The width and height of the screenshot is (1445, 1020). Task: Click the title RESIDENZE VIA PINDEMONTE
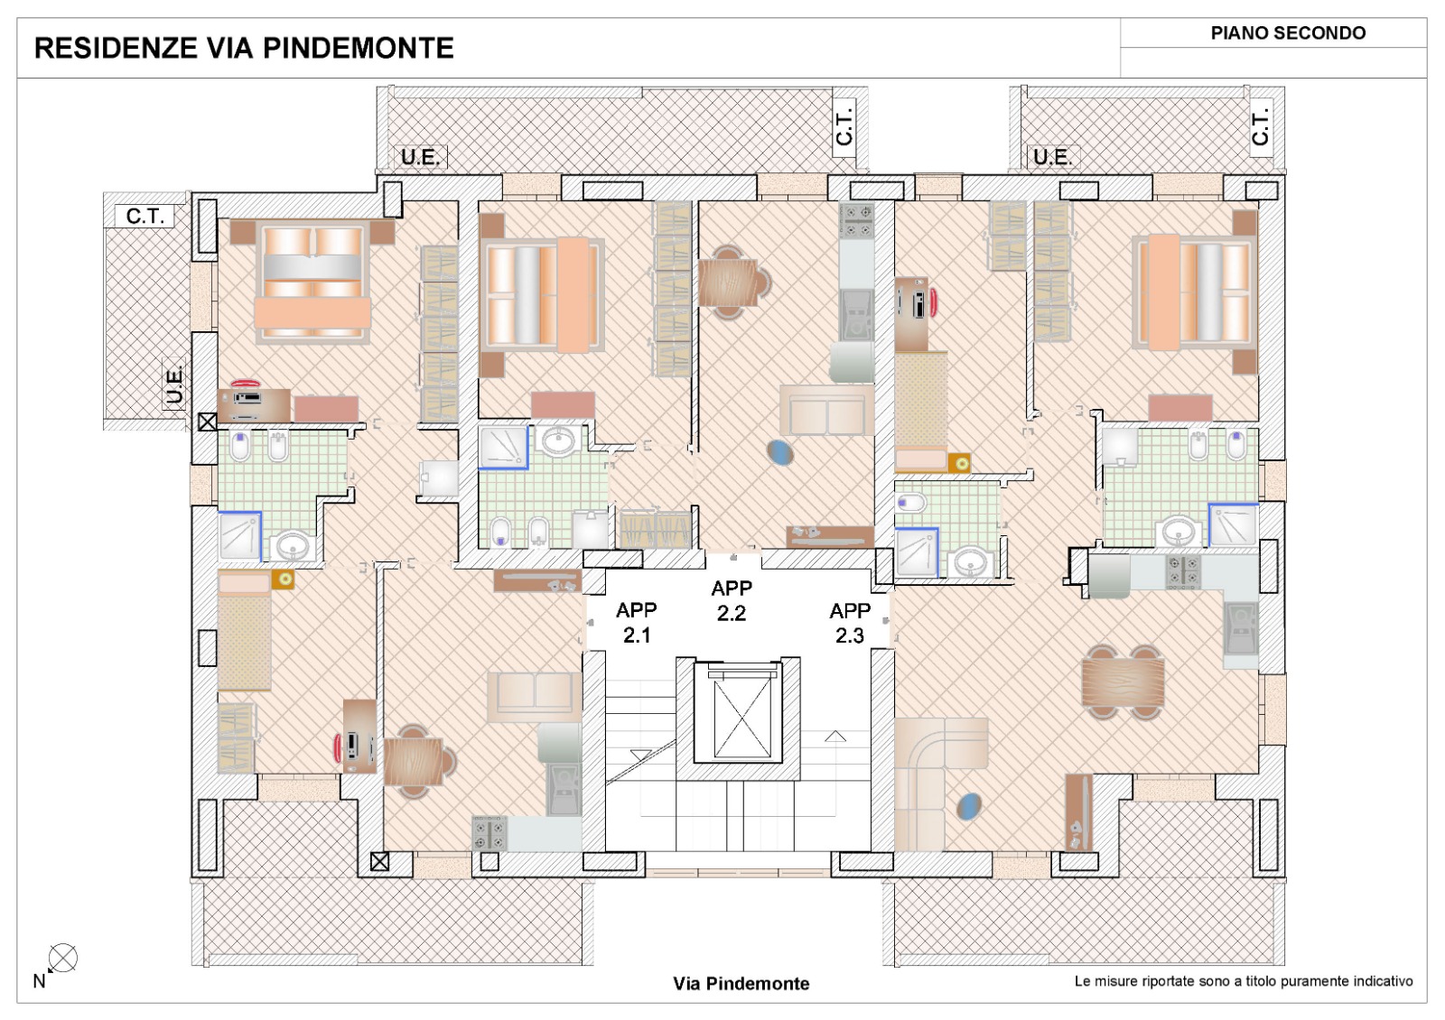pyautogui.click(x=244, y=49)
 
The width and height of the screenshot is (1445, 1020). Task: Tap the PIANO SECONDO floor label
pyautogui.click(x=1288, y=33)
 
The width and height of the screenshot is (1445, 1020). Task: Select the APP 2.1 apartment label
pyautogui.click(x=637, y=623)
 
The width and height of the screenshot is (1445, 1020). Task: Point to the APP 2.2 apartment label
pyautogui.click(x=732, y=600)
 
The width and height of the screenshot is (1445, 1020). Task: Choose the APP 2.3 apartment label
pyautogui.click(x=850, y=624)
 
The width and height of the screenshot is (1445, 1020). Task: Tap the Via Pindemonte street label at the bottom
pyautogui.click(x=741, y=983)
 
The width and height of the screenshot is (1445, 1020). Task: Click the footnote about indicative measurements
pyautogui.click(x=1244, y=981)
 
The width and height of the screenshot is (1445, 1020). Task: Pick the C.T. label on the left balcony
pyautogui.click(x=145, y=216)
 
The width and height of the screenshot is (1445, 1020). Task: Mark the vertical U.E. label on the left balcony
pyautogui.click(x=174, y=385)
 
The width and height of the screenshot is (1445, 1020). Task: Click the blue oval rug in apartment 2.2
pyautogui.click(x=780, y=452)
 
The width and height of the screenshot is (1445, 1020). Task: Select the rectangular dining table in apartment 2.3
pyautogui.click(x=1123, y=682)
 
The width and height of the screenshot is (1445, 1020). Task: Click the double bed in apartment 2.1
pyautogui.click(x=312, y=281)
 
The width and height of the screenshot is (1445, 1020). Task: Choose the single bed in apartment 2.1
pyautogui.click(x=244, y=632)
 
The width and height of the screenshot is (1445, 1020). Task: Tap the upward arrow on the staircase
pyautogui.click(x=835, y=737)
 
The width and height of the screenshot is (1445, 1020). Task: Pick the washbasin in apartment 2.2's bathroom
pyautogui.click(x=559, y=441)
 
